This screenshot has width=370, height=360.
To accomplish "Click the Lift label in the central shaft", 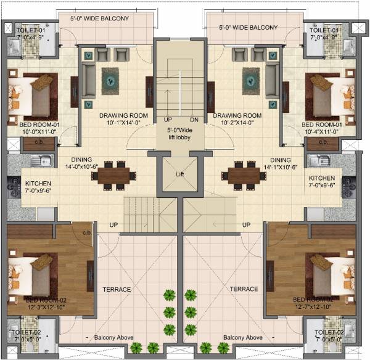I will point(179,174).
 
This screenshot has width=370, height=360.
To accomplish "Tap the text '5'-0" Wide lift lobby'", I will point(180,134).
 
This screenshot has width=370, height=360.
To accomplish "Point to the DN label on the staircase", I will point(194,120).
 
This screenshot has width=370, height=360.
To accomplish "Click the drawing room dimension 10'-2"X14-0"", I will point(238,122).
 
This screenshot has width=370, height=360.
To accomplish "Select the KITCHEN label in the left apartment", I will point(38,184).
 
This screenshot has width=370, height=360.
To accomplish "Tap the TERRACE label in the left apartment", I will point(117,288).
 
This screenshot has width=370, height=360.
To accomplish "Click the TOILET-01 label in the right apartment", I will point(324,30).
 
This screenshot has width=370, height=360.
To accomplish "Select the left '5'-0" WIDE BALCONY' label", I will point(99,18).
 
